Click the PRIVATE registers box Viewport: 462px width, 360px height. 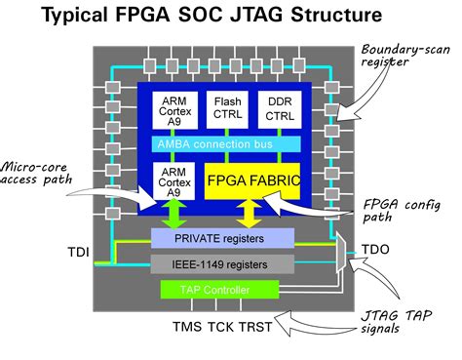pos(223,237)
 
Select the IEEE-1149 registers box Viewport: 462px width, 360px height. pos(223,262)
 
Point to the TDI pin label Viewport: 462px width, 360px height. pos(80,253)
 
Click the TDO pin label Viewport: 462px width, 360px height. pos(375,249)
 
